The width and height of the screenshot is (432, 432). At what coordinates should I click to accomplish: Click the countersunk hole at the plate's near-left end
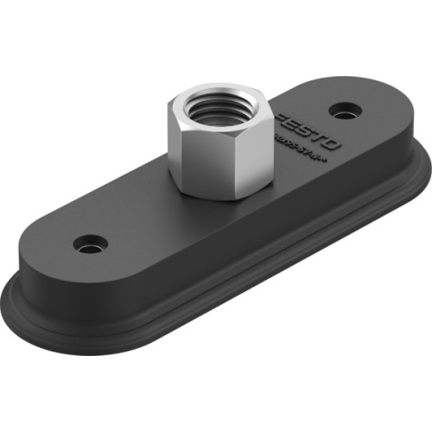89,245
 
